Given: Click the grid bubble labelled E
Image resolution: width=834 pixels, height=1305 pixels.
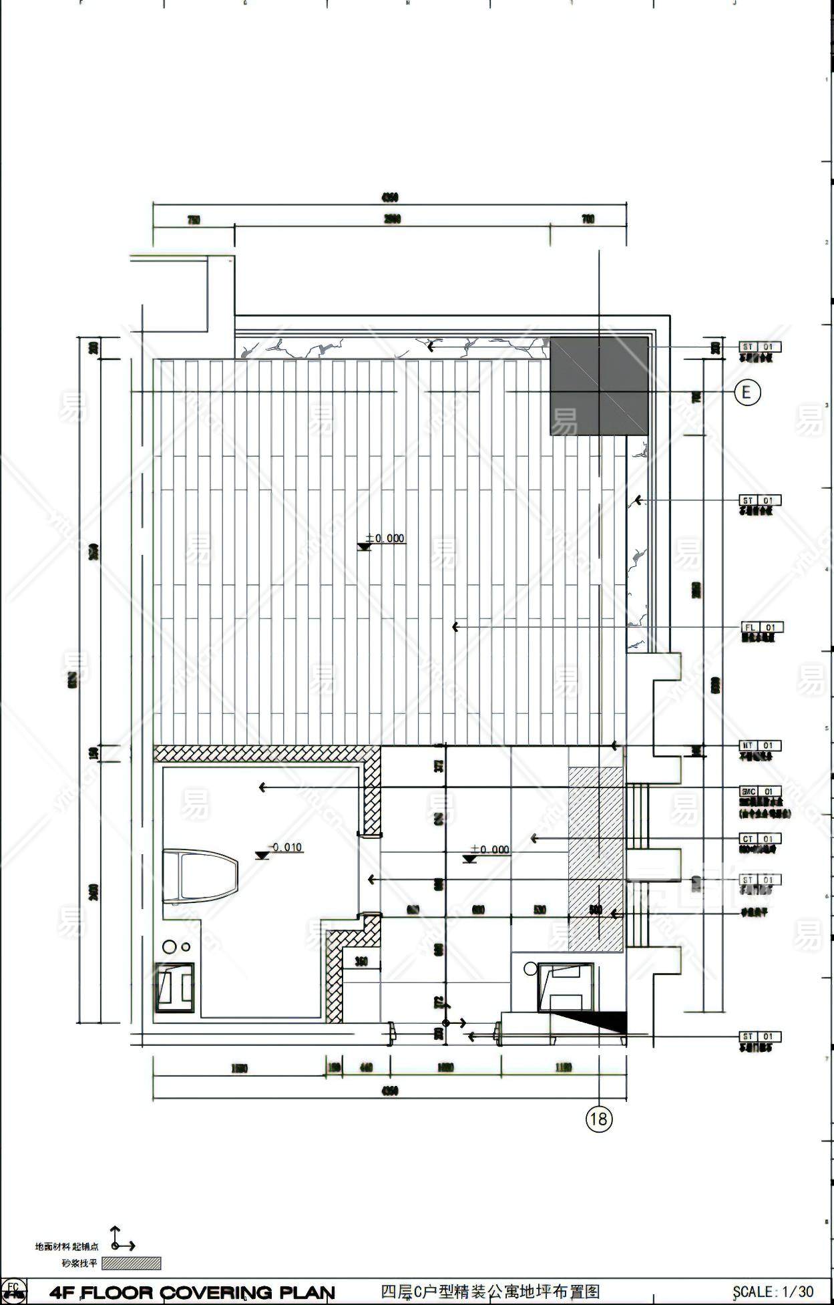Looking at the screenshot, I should coord(747,392).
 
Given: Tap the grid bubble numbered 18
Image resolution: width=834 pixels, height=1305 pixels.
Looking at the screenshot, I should coord(599,1118).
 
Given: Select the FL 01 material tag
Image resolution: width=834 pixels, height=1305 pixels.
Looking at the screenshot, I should coord(762,627).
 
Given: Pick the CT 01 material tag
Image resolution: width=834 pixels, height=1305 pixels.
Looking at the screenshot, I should coord(760,839).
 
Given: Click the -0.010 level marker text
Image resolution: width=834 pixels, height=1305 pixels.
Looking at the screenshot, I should coord(286,848).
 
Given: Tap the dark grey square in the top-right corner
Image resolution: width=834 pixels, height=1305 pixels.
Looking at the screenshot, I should coord(599,386).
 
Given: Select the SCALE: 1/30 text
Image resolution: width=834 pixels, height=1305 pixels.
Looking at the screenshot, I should coord(773,1292).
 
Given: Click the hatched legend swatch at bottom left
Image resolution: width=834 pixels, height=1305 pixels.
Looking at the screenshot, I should coord(131,1263).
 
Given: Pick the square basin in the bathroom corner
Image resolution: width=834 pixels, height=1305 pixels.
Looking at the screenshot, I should coord(175,987).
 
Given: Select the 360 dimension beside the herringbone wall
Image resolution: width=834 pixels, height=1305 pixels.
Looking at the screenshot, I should coord(361,962).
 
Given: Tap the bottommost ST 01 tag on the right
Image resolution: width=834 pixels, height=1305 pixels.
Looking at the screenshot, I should coord(760,1037).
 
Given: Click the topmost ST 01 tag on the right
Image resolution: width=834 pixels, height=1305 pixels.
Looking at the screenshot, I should coord(760,347).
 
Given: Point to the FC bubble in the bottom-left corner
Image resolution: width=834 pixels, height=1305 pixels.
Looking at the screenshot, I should coord(13,1289).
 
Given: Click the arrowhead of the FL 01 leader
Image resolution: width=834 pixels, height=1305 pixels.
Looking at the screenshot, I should coord(455,627).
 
